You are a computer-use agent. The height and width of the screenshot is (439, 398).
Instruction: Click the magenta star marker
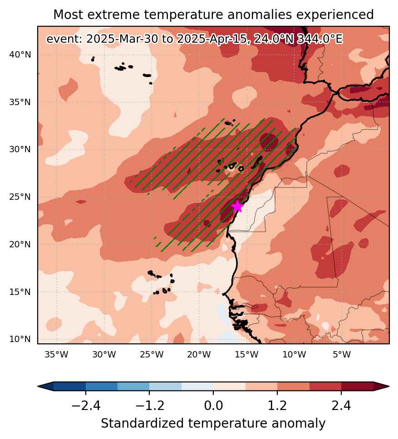click(237, 206)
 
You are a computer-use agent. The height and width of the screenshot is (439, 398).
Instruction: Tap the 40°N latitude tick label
click(20, 55)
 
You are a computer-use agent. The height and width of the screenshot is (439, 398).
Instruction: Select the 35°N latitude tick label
click(20, 102)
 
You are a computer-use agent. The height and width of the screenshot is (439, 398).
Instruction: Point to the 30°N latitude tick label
click(20, 149)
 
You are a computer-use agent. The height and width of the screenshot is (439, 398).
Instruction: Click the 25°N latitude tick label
click(20, 197)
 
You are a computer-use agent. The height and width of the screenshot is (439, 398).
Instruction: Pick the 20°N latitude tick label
click(20, 245)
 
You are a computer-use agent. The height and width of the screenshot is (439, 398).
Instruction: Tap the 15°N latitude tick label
click(20, 292)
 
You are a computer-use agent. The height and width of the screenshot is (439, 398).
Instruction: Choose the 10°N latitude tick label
click(20, 339)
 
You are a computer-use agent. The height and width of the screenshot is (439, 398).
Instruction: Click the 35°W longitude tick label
click(56, 354)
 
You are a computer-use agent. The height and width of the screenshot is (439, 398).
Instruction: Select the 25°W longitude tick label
click(152, 354)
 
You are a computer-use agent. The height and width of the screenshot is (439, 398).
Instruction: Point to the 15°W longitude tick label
click(246, 354)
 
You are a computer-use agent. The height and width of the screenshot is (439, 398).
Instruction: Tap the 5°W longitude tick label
click(342, 354)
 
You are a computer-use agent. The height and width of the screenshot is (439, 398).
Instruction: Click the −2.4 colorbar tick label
click(86, 405)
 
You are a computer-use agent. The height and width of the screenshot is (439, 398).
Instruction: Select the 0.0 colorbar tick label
click(213, 405)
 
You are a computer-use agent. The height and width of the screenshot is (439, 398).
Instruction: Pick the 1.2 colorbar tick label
click(277, 405)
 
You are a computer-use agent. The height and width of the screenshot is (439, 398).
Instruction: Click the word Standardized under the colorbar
click(142, 423)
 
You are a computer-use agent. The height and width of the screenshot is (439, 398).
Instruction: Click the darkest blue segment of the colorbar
click(69, 386)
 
